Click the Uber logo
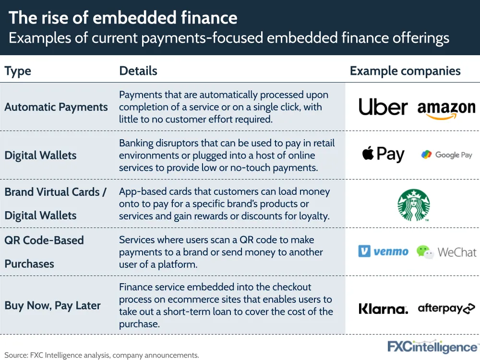click(383, 107)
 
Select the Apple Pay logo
click(383, 154)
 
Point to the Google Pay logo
click(446, 155)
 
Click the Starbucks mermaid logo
click(414, 205)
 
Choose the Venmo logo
click(383, 252)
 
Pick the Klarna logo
click(383, 309)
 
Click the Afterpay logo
click(446, 308)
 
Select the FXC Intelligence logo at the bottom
click(432, 347)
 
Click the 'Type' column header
click(18, 71)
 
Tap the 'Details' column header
click(138, 71)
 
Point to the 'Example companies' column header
click(405, 71)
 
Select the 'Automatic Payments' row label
click(56, 107)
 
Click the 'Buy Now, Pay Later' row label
click(52, 305)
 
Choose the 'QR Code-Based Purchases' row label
click(44, 252)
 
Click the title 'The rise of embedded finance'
click(123, 17)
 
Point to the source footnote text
click(102, 355)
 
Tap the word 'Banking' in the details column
click(136, 143)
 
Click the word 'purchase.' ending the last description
click(139, 324)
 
